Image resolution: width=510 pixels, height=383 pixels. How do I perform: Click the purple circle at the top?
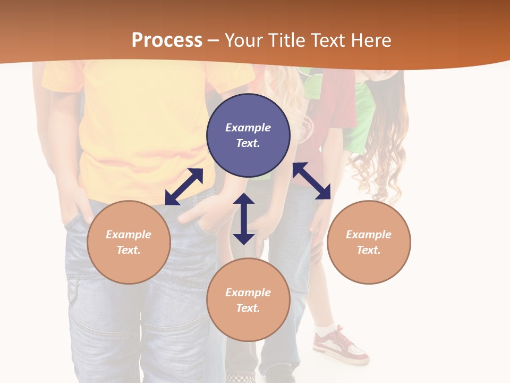(248, 136)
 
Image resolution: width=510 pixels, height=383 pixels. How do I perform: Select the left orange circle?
(129, 242)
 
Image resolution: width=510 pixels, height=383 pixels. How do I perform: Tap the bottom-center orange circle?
(248, 300)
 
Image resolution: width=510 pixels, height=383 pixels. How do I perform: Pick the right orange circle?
(369, 242)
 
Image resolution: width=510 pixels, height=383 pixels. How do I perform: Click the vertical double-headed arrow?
(244, 219)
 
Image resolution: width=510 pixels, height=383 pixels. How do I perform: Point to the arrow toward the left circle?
(184, 187)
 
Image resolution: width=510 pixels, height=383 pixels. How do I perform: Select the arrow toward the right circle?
(312, 181)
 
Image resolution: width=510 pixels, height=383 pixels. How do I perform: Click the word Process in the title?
(167, 40)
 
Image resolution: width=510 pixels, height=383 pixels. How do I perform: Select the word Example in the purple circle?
(248, 128)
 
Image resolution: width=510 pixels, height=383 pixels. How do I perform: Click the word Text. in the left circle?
(129, 250)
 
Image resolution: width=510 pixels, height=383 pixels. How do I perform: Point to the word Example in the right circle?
(369, 235)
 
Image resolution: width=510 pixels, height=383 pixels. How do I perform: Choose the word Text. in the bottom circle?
(248, 308)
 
